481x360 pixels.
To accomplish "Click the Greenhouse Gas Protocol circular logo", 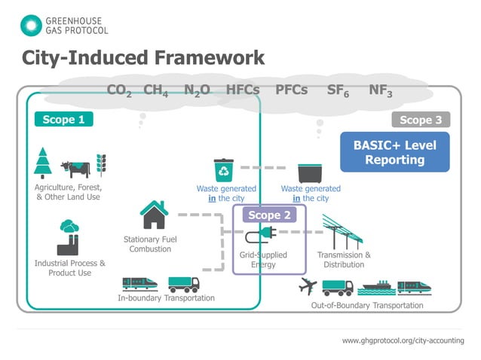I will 31,24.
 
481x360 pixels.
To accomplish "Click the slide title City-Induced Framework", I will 142,58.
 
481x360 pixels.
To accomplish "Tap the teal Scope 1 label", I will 63,119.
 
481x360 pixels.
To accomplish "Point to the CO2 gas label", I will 120,90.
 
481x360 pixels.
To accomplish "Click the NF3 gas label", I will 381,90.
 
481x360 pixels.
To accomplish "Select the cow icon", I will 76,167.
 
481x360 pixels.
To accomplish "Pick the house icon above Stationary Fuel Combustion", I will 154,215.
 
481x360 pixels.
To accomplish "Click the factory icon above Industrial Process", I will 69,238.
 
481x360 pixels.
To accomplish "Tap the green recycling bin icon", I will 225,169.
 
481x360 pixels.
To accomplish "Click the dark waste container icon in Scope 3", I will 310,172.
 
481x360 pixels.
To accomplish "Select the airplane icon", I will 307,286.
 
